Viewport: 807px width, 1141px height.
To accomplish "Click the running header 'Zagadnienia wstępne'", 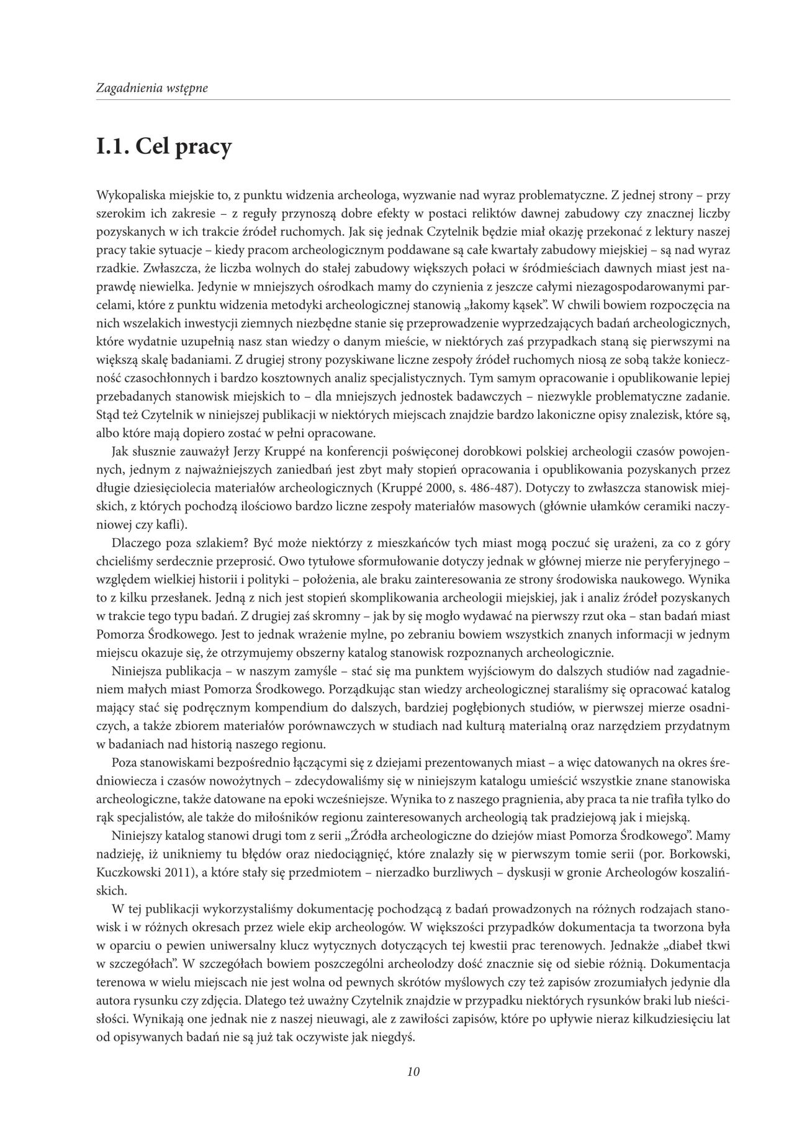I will [x=151, y=88].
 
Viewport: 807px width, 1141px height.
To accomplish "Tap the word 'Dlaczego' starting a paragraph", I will [x=136, y=543].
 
